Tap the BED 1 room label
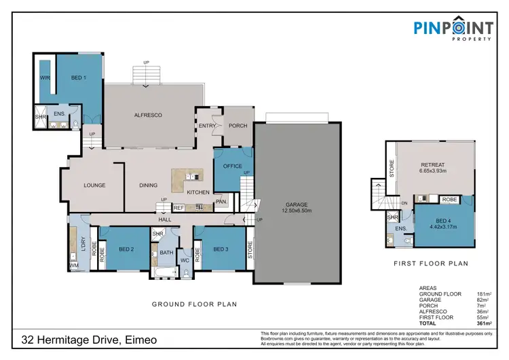coord(79,78)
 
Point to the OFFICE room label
coord(232,165)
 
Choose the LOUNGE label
coord(94,185)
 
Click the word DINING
coord(148,185)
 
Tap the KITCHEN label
coord(198,192)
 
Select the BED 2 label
coord(126,249)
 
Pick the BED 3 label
coord(221,249)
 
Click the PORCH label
coord(238,126)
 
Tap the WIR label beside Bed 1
coord(45,79)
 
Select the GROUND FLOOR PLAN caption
coord(194,304)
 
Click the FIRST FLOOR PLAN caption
coord(431,263)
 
